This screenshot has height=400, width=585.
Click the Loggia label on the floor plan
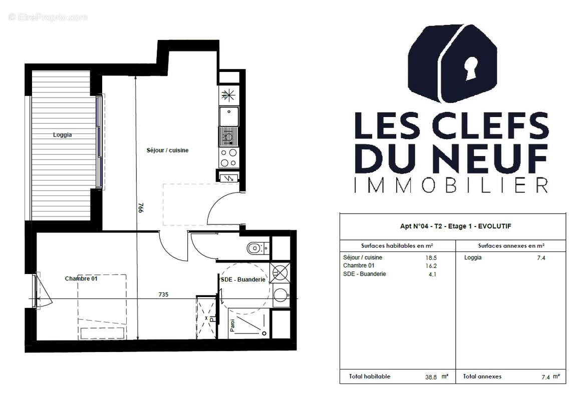(63, 134)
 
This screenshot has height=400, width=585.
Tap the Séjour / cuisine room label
(167, 150)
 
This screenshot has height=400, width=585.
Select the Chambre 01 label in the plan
(81, 278)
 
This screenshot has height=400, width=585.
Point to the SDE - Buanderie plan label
(243, 279)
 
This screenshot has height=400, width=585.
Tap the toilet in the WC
(255, 247)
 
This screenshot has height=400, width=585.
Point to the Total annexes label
(482, 376)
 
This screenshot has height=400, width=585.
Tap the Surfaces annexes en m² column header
(511, 245)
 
